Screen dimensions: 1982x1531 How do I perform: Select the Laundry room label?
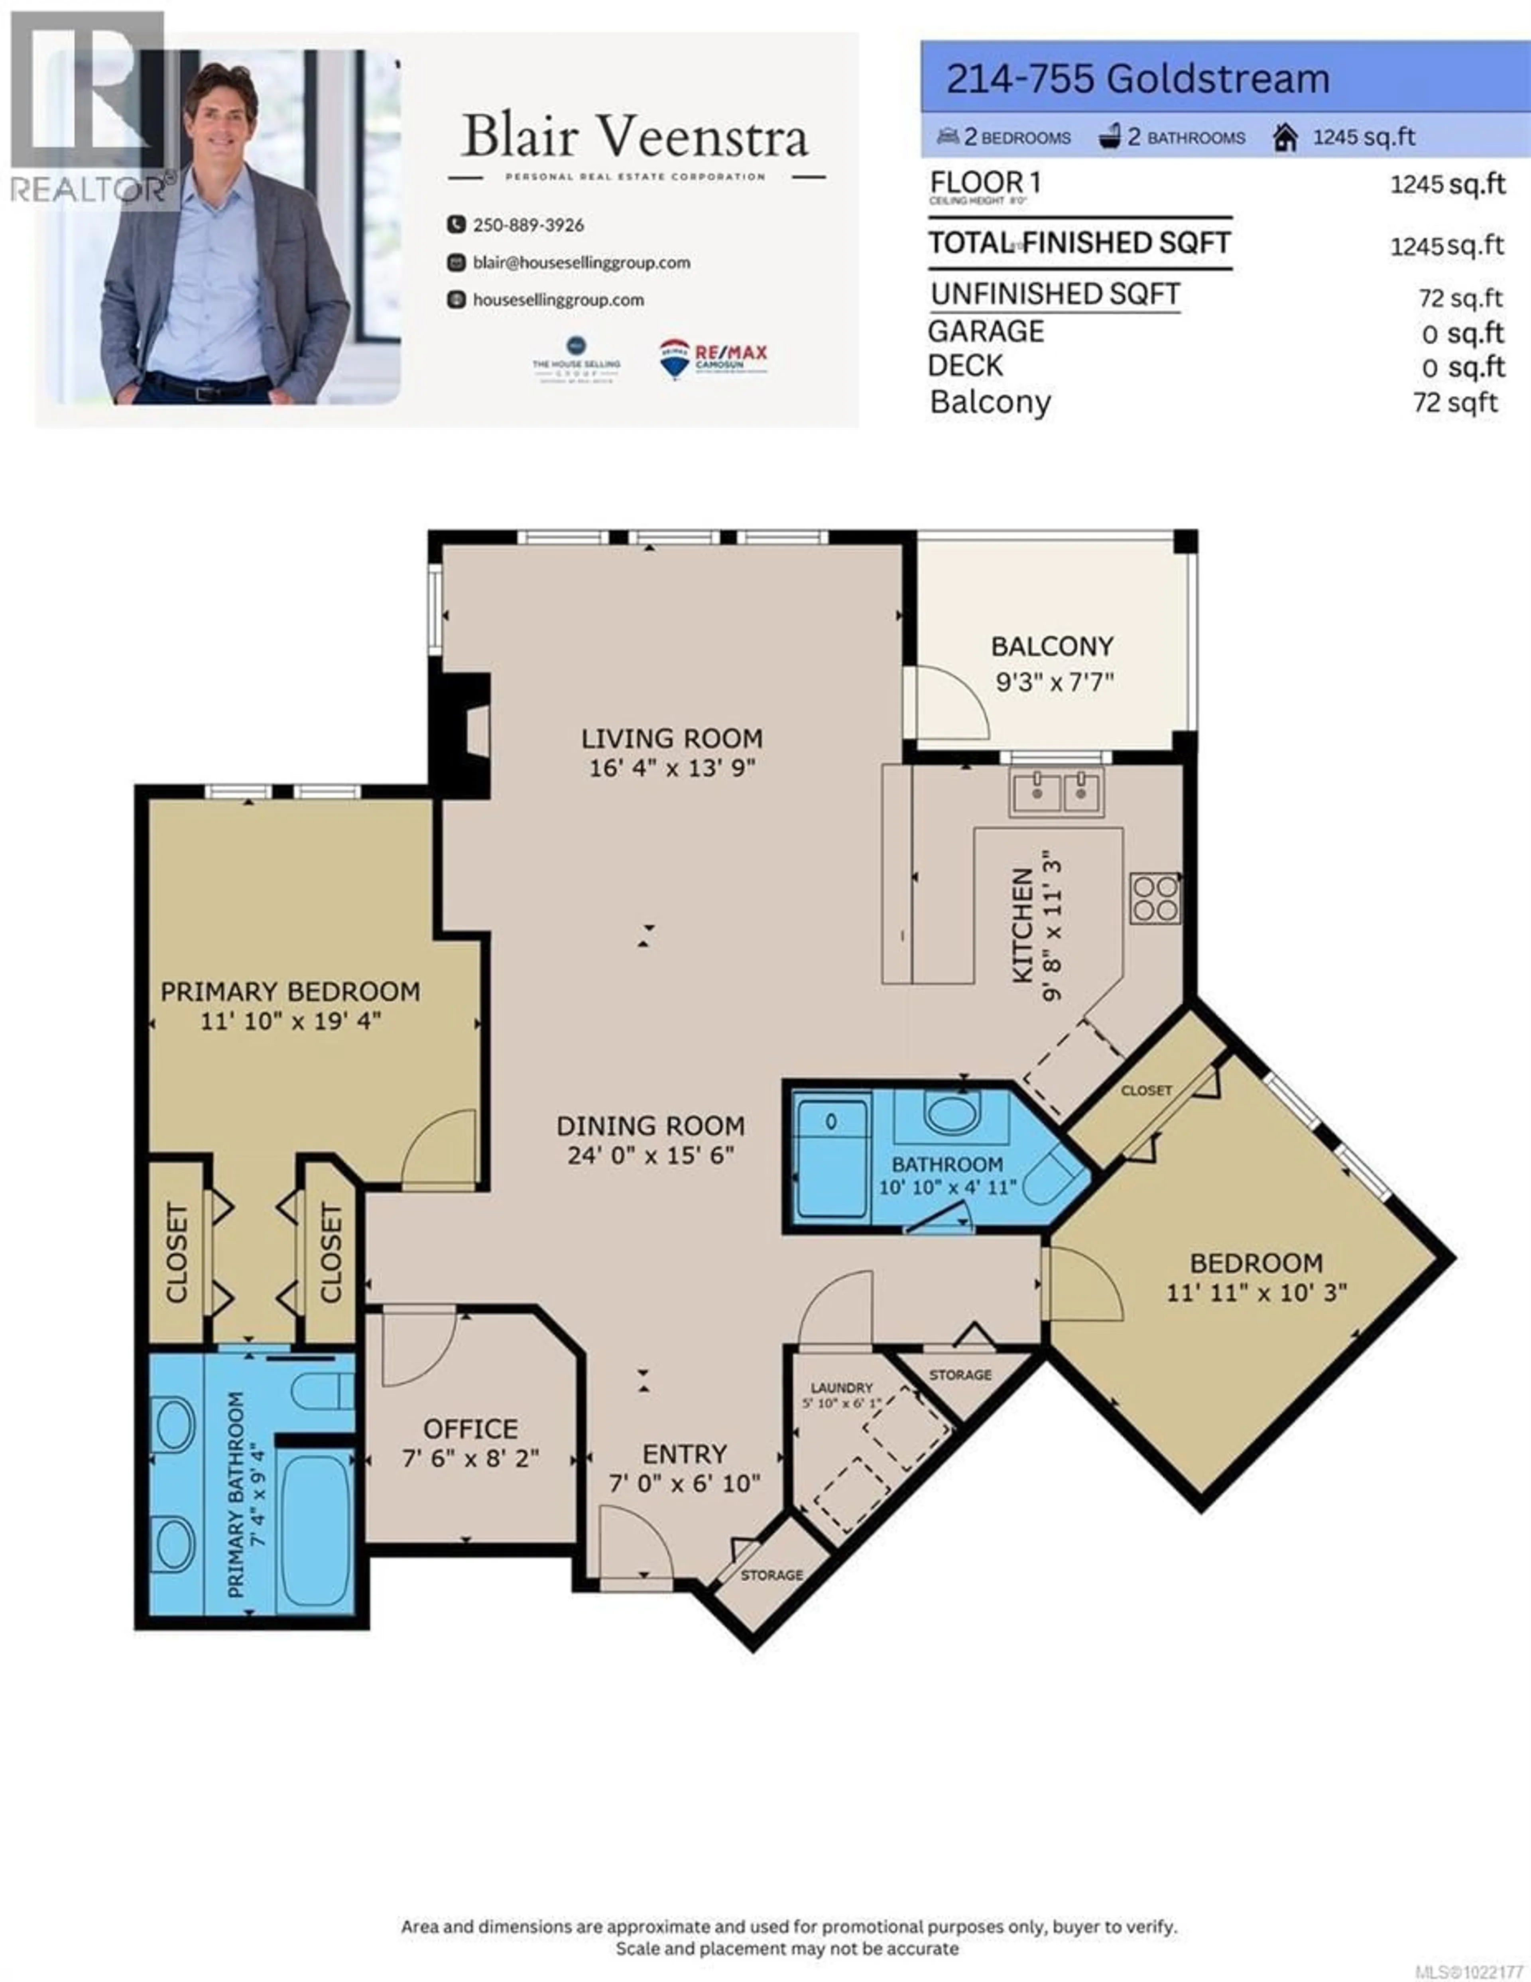tap(841, 1388)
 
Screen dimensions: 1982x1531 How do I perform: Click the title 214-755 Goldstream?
tap(1137, 80)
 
